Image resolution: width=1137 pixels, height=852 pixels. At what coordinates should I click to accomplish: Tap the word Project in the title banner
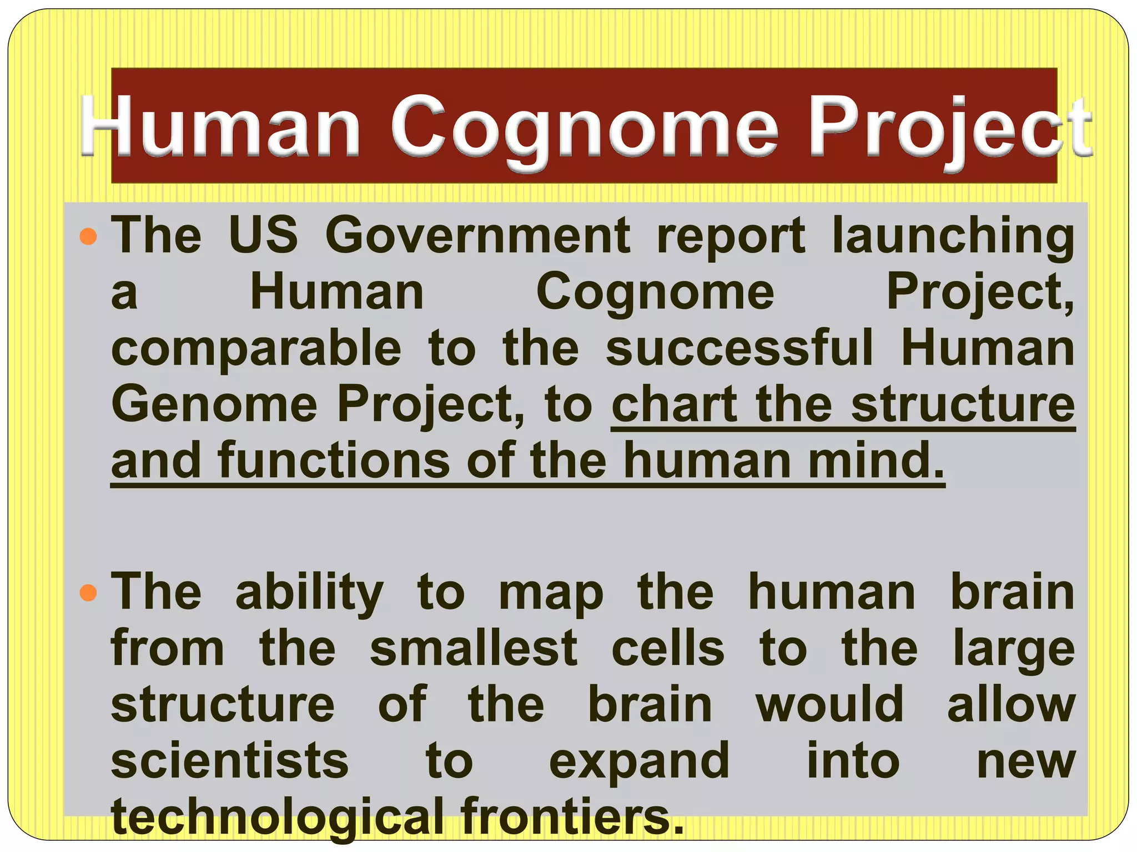(x=949, y=128)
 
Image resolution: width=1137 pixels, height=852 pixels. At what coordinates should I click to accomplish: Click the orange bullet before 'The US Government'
(x=88, y=237)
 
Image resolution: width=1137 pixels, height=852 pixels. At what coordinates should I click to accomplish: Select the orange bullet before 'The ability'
(x=88, y=594)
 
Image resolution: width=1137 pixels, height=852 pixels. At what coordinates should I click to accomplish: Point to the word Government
(x=477, y=236)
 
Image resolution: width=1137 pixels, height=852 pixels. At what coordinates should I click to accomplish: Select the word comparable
(x=256, y=349)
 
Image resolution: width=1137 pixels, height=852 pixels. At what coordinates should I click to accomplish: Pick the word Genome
(x=214, y=405)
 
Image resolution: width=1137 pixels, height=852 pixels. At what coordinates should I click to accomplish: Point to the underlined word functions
(x=334, y=460)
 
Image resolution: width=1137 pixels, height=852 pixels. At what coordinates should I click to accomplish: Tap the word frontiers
(x=572, y=815)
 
